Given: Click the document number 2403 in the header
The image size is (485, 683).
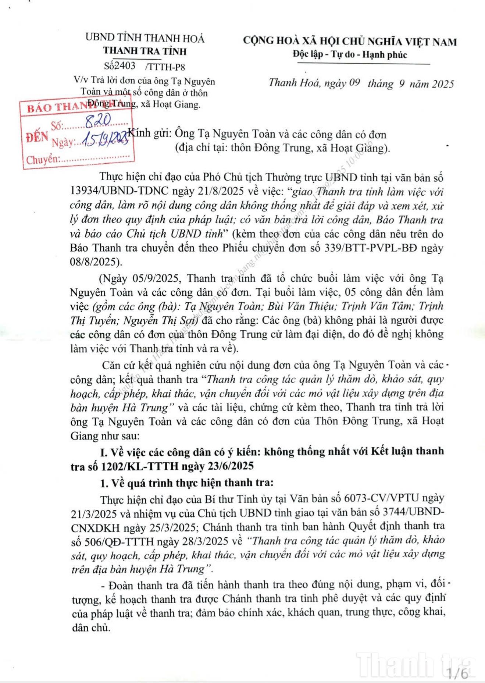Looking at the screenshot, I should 125,66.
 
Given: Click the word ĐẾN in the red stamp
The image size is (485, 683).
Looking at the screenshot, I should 37,137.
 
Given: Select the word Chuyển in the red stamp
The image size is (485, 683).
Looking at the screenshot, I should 42,160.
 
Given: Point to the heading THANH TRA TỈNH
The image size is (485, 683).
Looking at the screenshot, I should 145,51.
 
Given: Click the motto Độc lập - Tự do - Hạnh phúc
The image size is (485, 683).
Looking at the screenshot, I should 350,55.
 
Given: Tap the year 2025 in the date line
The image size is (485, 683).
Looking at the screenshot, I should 443,84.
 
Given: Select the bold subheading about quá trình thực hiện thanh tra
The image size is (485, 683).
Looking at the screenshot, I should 187,483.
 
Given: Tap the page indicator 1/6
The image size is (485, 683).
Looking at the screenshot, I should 457,673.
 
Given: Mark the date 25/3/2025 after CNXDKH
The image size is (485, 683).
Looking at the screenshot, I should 172,527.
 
